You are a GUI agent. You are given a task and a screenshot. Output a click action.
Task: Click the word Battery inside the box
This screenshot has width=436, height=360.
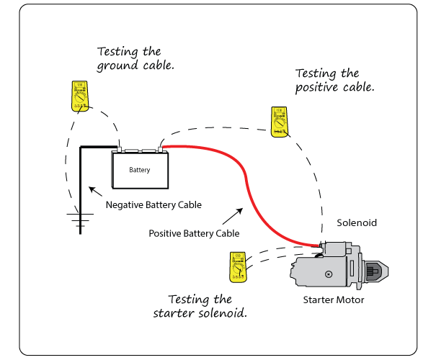[x=140, y=171]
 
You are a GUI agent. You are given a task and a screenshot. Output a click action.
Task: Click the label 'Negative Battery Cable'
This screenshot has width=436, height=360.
[x=154, y=205]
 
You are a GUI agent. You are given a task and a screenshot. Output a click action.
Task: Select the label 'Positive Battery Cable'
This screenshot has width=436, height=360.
[x=194, y=233]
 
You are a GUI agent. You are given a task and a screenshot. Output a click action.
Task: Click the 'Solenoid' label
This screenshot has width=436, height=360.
[x=357, y=223]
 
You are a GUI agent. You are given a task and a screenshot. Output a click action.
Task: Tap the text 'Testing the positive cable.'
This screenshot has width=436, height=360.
[x=336, y=80]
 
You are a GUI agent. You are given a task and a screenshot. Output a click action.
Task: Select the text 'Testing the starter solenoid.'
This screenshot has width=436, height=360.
[x=200, y=306]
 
